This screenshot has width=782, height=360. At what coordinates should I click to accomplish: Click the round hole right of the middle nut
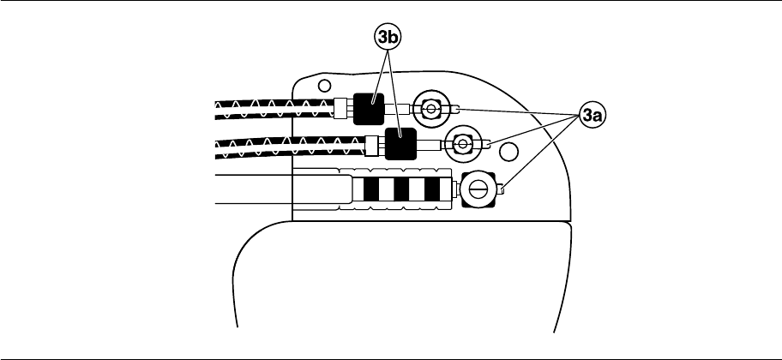508,153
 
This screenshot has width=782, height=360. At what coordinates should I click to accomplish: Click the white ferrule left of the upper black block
340,109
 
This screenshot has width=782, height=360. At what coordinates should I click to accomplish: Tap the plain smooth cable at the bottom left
257,189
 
